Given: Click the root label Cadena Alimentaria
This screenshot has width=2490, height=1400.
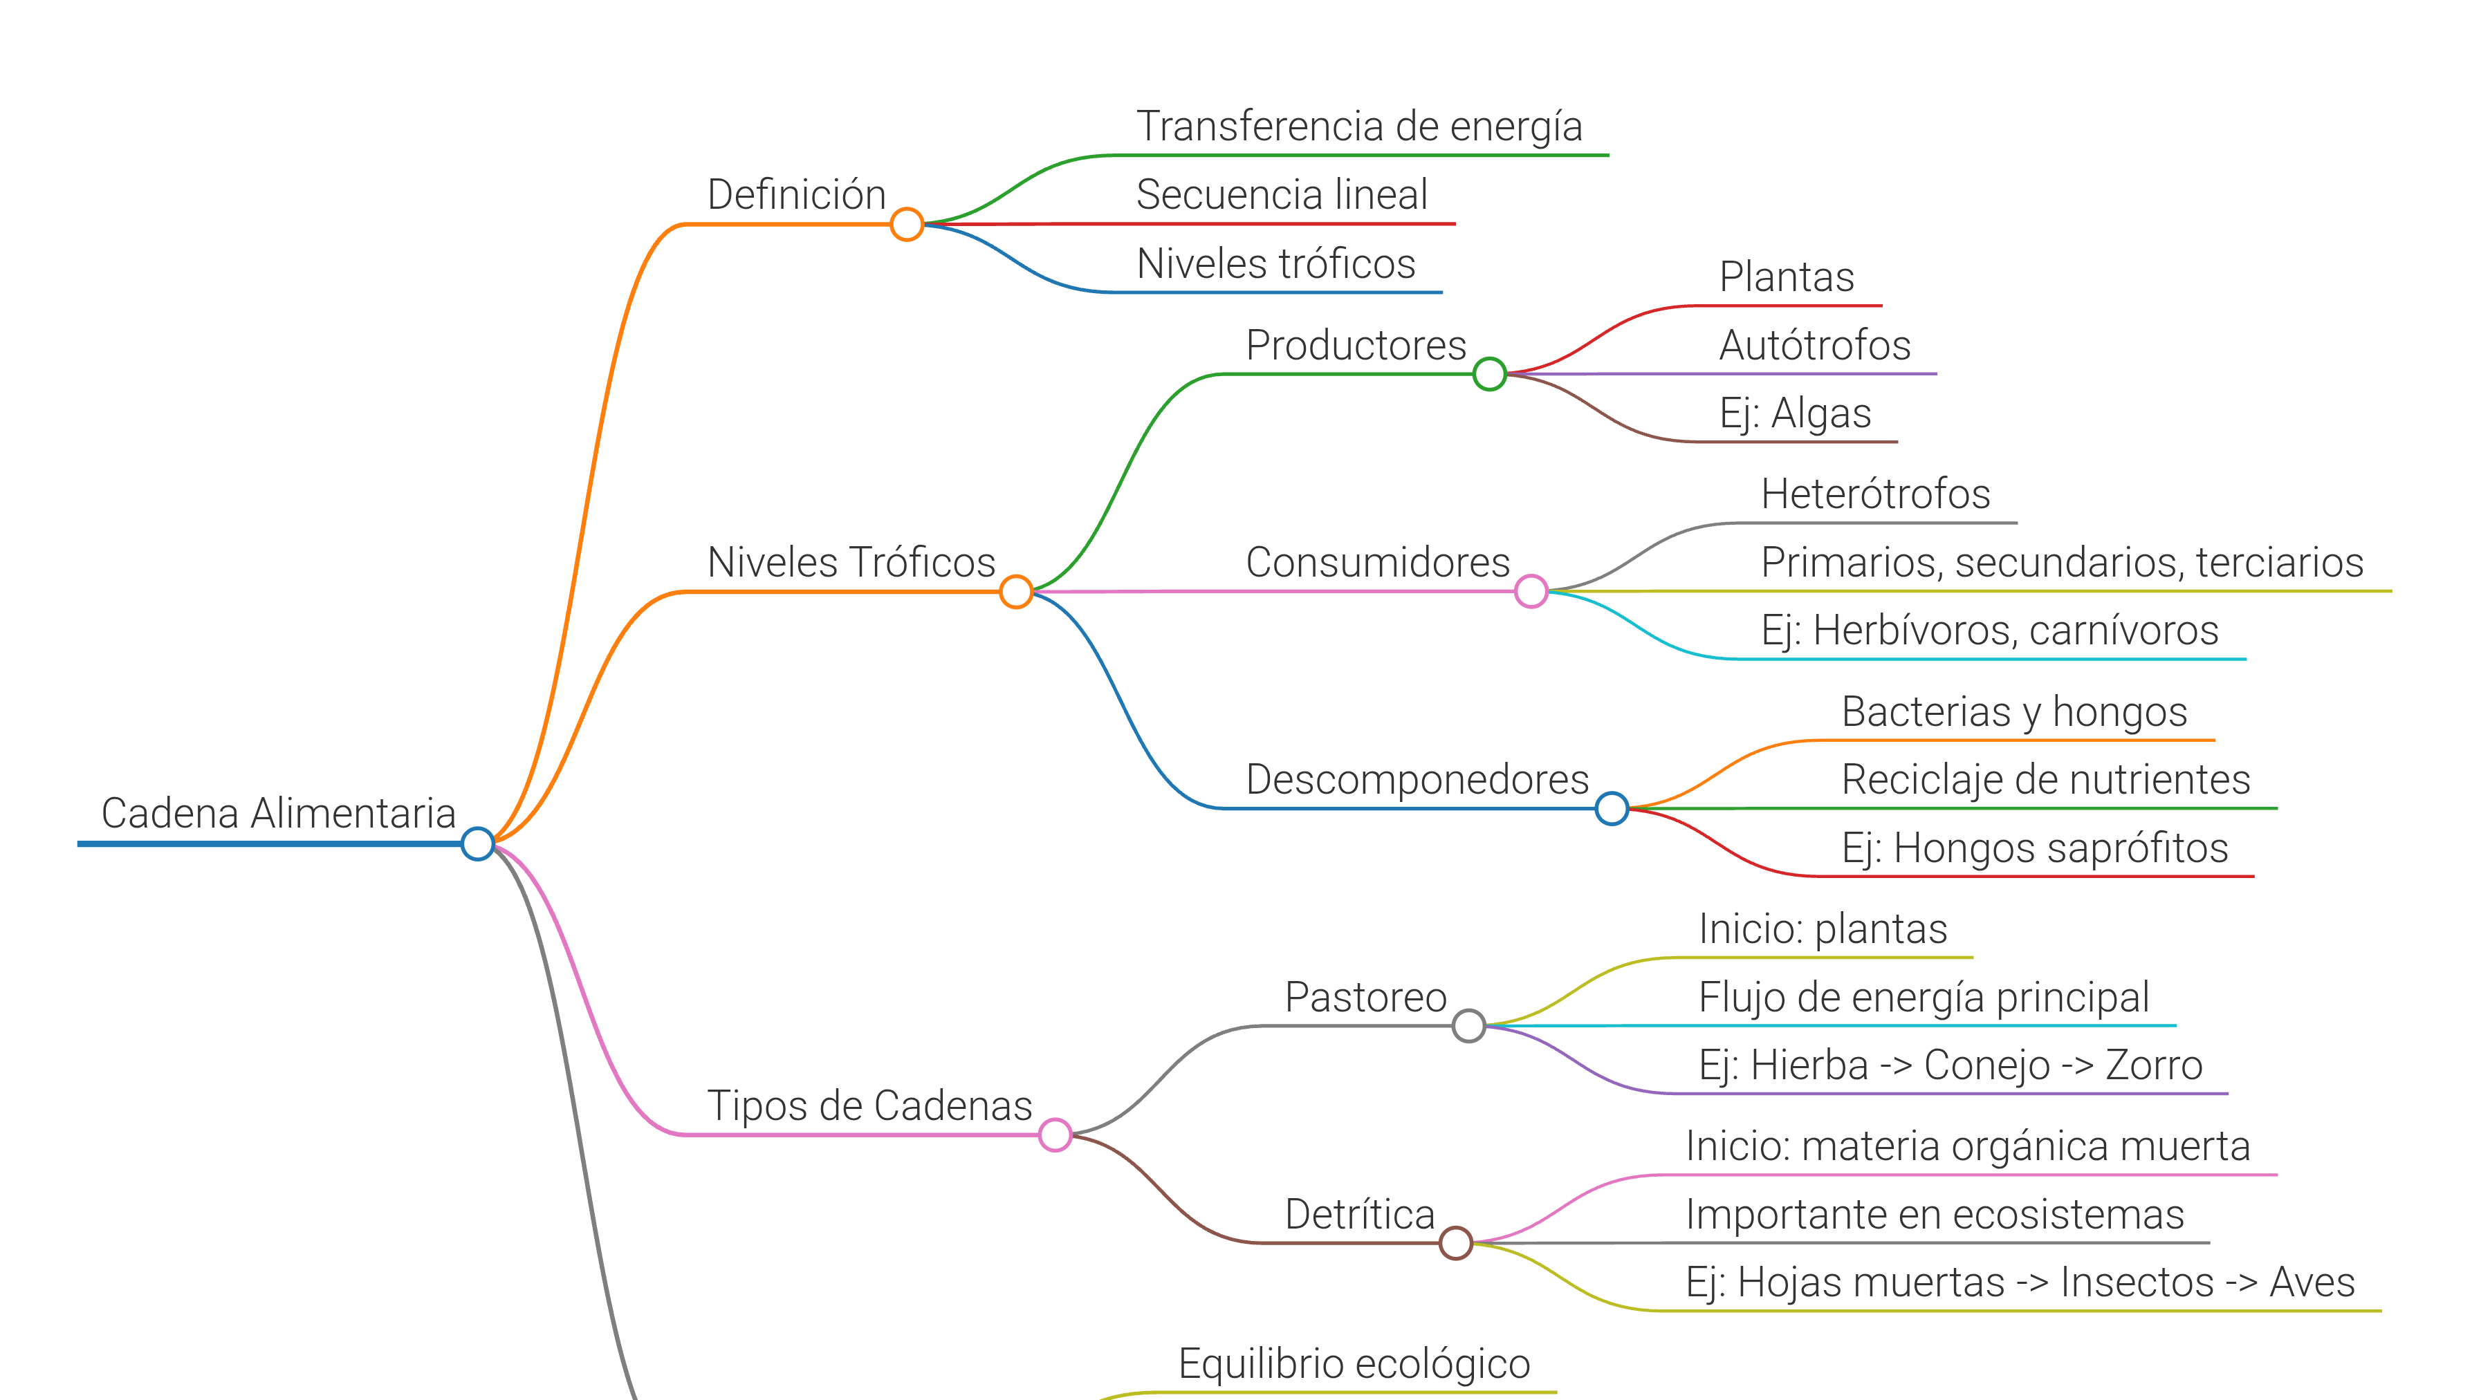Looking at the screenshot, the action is pyautogui.click(x=278, y=814).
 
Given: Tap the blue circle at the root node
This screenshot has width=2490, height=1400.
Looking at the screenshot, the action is pyautogui.click(x=477, y=843).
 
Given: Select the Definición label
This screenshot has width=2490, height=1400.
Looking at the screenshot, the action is pyautogui.click(x=797, y=195).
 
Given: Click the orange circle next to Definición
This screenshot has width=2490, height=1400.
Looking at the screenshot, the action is pyautogui.click(x=907, y=224).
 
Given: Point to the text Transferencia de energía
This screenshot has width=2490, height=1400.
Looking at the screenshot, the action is pyautogui.click(x=1359, y=127).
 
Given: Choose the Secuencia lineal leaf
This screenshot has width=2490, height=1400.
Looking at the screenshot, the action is pyautogui.click(x=1282, y=195).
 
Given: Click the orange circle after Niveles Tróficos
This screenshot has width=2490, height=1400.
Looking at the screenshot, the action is pyautogui.click(x=1016, y=591).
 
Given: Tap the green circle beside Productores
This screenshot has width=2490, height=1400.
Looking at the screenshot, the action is pyautogui.click(x=1490, y=374).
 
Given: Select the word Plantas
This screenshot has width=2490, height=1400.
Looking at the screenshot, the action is pyautogui.click(x=1787, y=277).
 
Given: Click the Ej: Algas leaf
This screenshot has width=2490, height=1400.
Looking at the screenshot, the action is pyautogui.click(x=1795, y=413).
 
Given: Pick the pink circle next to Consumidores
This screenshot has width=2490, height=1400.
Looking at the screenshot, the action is pyautogui.click(x=1531, y=591).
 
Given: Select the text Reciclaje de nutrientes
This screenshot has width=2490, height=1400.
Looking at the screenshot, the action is pyautogui.click(x=2045, y=780).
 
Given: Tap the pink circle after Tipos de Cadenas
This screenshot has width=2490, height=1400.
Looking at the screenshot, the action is pyautogui.click(x=1055, y=1135).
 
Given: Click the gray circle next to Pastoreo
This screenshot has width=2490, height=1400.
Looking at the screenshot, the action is pyautogui.click(x=1468, y=1026).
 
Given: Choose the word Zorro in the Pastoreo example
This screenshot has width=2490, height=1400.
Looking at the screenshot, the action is pyautogui.click(x=2154, y=1065).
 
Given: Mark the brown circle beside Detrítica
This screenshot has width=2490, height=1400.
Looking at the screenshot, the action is pyautogui.click(x=1456, y=1242).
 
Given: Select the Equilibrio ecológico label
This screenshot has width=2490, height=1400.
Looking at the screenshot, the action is pyautogui.click(x=1354, y=1364).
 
